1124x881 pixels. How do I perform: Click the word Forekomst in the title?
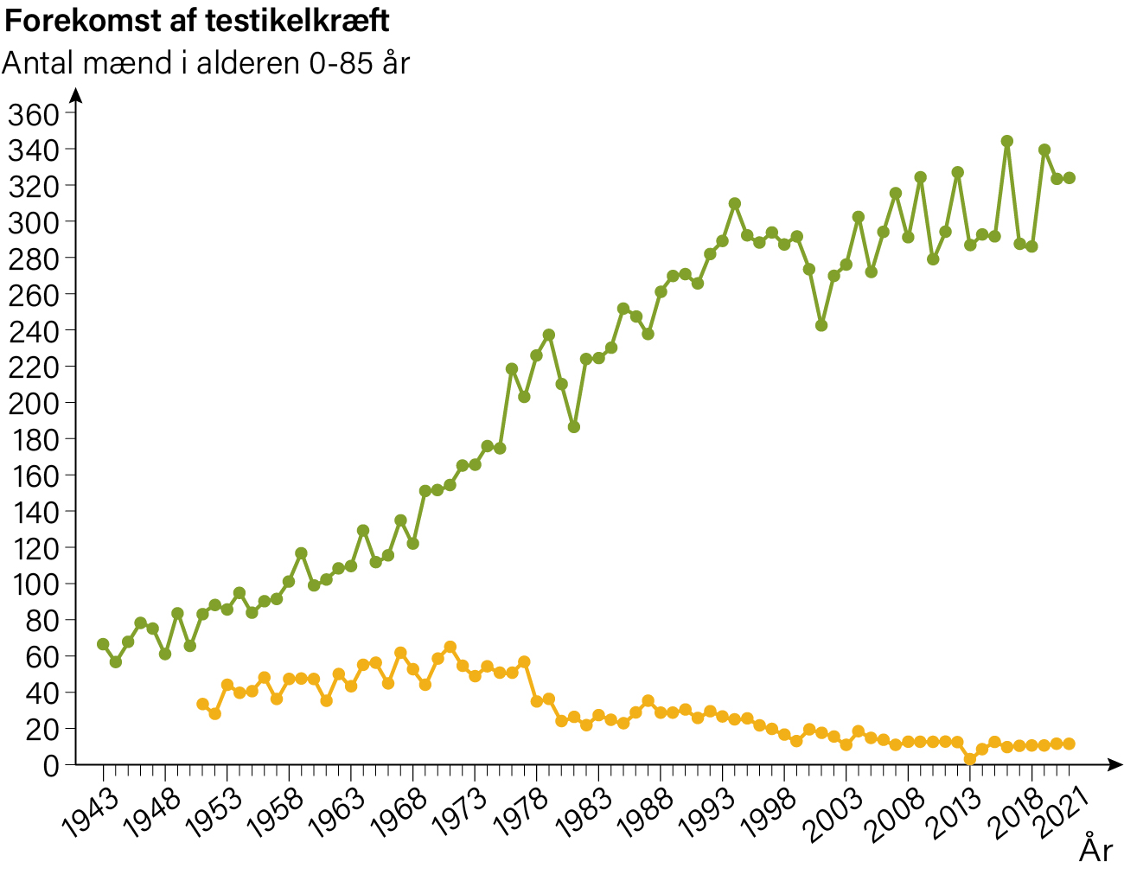(82, 22)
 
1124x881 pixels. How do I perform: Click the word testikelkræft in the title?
(297, 22)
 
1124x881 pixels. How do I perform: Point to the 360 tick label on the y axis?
(34, 115)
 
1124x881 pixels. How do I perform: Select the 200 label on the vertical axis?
(34, 404)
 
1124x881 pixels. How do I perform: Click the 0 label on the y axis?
(51, 766)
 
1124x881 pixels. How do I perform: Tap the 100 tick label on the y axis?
(34, 585)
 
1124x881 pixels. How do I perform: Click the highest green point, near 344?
(1007, 141)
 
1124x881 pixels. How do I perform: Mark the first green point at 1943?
(103, 644)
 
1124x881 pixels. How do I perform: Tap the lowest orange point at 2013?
(970, 759)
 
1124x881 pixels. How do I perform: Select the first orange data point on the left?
(203, 704)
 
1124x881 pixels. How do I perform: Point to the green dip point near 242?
(821, 326)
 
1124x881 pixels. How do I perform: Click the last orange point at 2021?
(1070, 744)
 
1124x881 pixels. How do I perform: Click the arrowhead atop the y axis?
(76, 96)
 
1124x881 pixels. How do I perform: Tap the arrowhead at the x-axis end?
(1115, 764)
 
